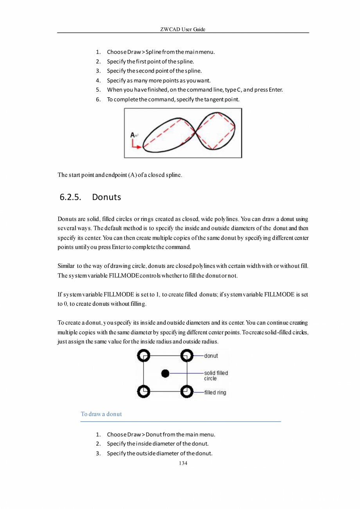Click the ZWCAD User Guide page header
coord(183,30)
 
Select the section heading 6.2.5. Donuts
coord(90,197)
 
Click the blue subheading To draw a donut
coord(101,414)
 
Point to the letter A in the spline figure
coord(133,135)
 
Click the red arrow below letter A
coord(136,146)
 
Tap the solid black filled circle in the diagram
coord(166,374)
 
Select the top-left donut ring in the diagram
coord(144,356)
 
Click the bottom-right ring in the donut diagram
coord(187,391)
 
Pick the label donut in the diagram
coord(211,356)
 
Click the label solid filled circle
coord(216,376)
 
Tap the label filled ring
coord(215,392)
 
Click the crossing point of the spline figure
coord(195,132)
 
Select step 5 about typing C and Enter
coord(194,90)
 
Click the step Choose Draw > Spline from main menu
coord(161,52)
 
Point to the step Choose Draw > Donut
coord(161,435)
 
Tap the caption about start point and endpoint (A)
coord(119,175)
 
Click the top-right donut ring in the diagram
coord(187,356)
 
